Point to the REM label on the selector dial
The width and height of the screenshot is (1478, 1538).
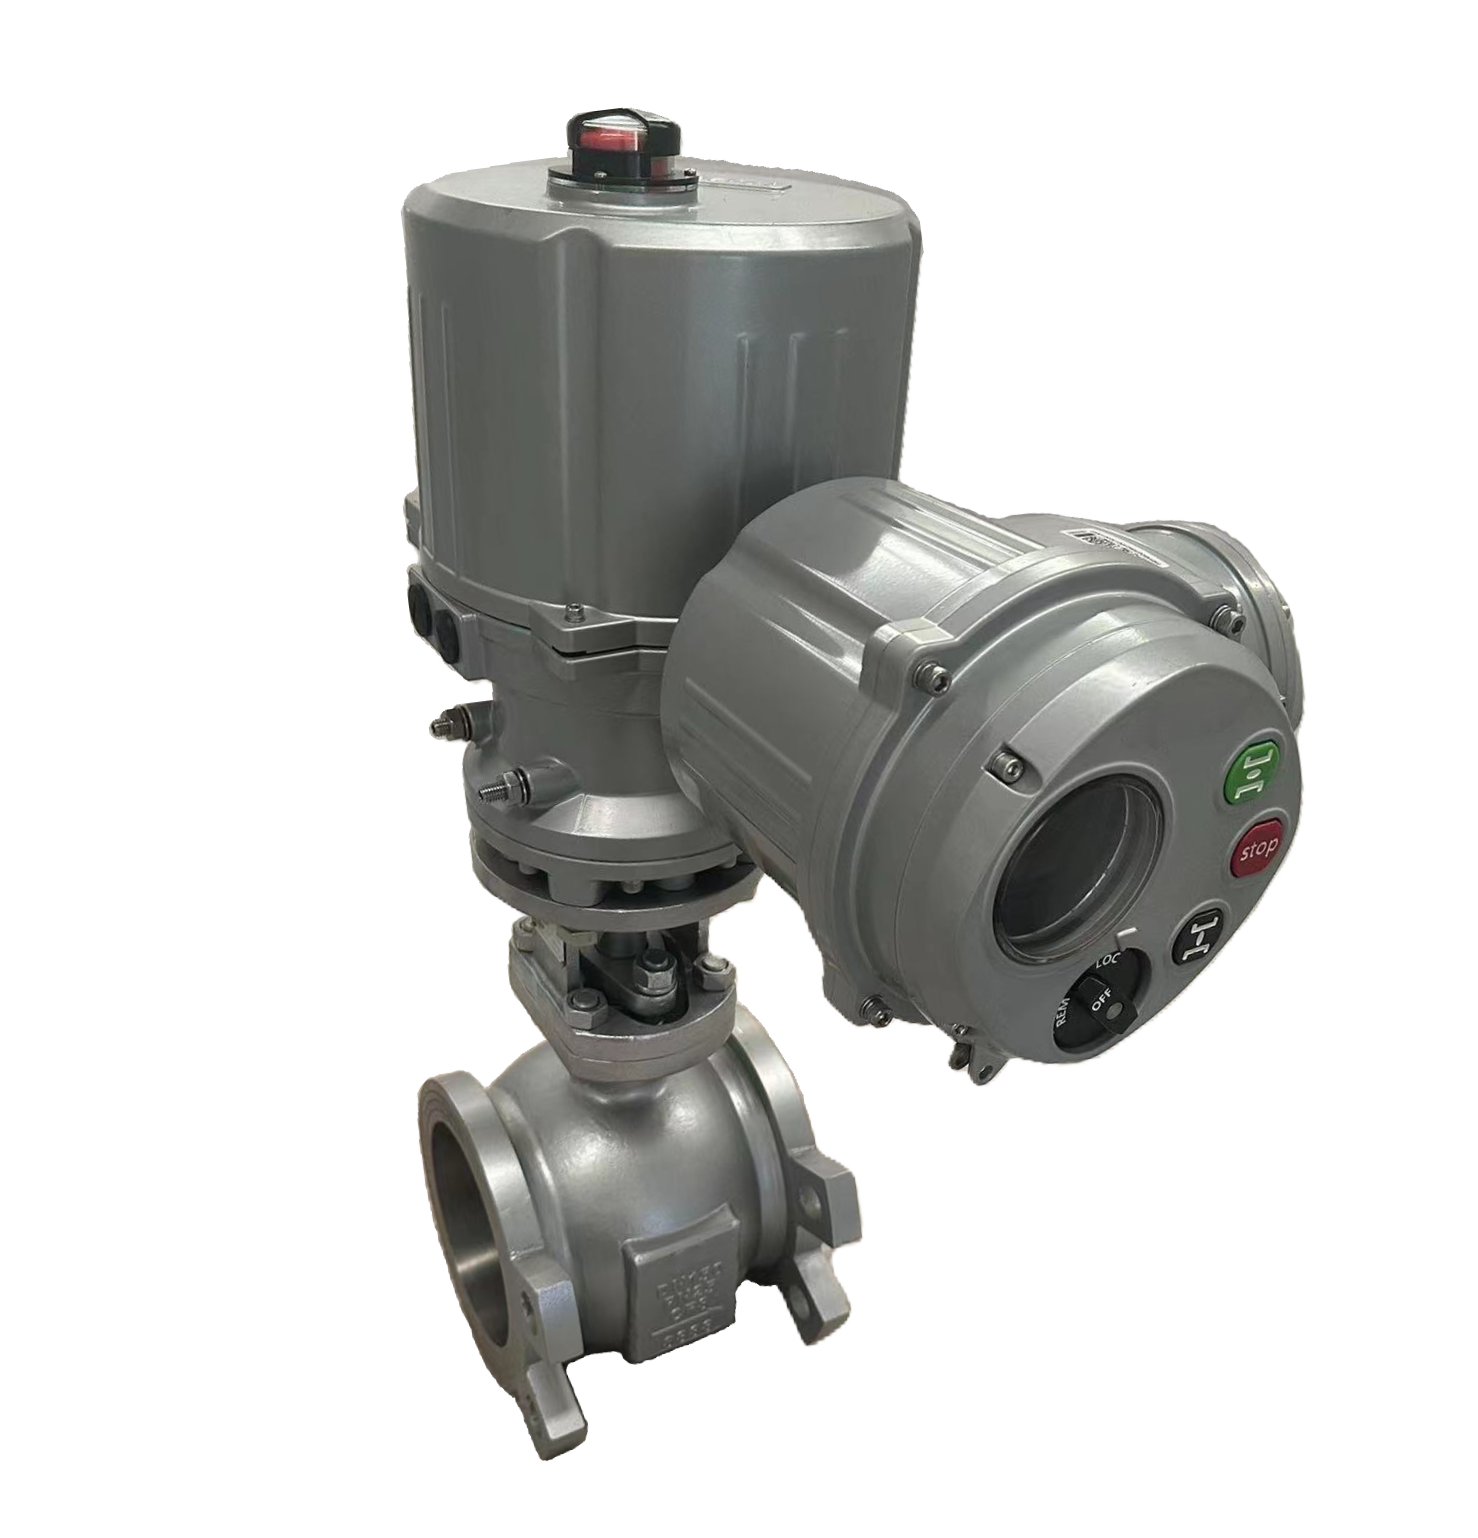point(1061,1016)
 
